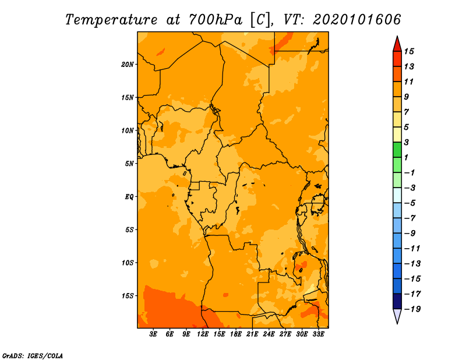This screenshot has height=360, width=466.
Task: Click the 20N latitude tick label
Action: point(127,65)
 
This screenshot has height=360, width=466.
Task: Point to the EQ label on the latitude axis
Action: point(129,197)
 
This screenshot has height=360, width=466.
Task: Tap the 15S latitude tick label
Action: point(127,296)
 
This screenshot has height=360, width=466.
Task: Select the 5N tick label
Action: point(129,164)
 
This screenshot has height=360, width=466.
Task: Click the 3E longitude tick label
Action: point(153,334)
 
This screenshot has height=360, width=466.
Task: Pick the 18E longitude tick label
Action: point(236,334)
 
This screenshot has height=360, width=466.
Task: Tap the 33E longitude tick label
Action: point(318,334)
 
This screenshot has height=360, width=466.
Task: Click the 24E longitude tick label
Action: point(269,334)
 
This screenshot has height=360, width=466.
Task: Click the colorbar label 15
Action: point(409,51)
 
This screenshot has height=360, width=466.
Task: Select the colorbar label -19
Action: point(412,309)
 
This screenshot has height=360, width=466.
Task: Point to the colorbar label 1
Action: point(406,157)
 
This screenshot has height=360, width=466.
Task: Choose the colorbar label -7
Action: point(410,218)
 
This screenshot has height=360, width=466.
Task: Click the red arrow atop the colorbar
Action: point(397,45)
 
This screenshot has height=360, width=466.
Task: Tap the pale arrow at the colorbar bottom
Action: point(397,315)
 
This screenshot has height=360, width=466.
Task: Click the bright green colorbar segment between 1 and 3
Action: point(397,150)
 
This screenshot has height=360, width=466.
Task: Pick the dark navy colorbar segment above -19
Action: point(397,301)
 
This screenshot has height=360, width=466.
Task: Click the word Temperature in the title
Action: point(111,20)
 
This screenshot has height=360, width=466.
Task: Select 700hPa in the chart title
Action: point(215,20)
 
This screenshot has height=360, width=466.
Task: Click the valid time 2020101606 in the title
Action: point(356,20)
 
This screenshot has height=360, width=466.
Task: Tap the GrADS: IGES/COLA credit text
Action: point(33,356)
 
